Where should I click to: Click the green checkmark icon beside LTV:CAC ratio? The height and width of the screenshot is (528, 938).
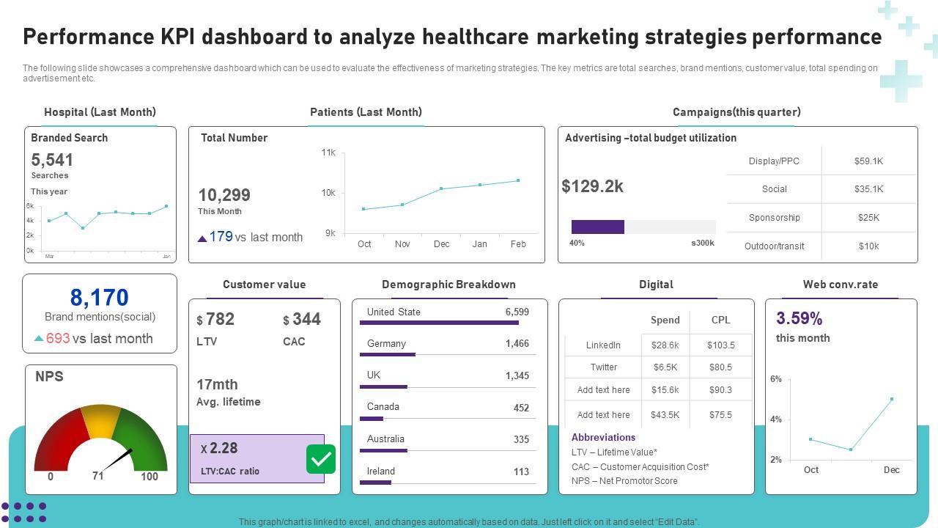pyautogui.click(x=321, y=459)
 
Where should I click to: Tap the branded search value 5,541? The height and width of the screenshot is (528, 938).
pyautogui.click(x=52, y=160)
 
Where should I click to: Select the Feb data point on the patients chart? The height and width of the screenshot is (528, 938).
pyautogui.click(x=518, y=180)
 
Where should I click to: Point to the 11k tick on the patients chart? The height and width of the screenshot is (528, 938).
pyautogui.click(x=328, y=153)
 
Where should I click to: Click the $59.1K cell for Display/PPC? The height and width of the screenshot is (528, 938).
pyautogui.click(x=868, y=161)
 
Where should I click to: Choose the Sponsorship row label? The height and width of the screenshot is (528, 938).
pyautogui.click(x=774, y=218)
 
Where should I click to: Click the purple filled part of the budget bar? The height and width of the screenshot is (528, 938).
pyautogui.click(x=597, y=227)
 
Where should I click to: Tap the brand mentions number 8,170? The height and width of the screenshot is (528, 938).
pyautogui.click(x=99, y=297)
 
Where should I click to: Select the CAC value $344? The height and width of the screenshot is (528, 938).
pyautogui.click(x=302, y=319)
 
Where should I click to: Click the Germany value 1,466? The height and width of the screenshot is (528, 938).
pyautogui.click(x=517, y=343)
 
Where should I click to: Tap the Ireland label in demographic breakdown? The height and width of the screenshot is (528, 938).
pyautogui.click(x=381, y=471)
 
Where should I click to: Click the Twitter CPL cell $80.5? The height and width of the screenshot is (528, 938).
pyautogui.click(x=720, y=367)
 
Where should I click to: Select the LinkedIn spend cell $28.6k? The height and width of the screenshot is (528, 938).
pyautogui.click(x=665, y=345)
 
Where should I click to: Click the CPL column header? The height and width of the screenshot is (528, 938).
pyautogui.click(x=720, y=320)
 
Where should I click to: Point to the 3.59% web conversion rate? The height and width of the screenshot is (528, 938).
pyautogui.click(x=799, y=318)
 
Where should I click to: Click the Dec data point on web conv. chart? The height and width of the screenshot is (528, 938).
pyautogui.click(x=892, y=399)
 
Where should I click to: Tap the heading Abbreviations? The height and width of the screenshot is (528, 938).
pyautogui.click(x=603, y=437)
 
